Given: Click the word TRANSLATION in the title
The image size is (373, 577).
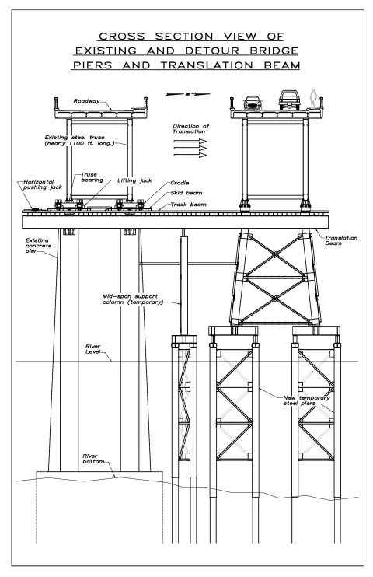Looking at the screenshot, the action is click(x=207, y=65).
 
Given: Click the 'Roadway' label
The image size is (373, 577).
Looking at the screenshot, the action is click(x=86, y=101).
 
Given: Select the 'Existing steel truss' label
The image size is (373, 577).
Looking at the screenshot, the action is click(x=79, y=140).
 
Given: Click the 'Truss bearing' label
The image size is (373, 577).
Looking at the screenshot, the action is click(x=92, y=177).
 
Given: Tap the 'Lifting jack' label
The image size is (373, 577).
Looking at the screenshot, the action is click(x=134, y=180).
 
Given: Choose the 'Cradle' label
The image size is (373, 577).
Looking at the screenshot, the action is click(x=180, y=183).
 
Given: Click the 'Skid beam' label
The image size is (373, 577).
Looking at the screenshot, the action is click(x=186, y=193).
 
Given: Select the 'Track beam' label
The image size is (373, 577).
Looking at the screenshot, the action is click(x=188, y=205).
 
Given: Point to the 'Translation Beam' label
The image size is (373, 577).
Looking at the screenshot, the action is click(x=341, y=240).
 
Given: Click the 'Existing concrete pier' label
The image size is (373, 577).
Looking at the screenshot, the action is click(x=38, y=246).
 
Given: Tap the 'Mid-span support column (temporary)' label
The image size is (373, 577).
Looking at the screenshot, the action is click(x=132, y=299).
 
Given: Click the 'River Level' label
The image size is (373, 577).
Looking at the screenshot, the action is click(x=92, y=349).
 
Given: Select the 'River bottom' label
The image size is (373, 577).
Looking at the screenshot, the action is click(x=93, y=459).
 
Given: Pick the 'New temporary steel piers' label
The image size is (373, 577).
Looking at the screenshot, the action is click(x=306, y=400).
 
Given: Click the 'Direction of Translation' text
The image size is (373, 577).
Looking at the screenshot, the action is click(x=191, y=129).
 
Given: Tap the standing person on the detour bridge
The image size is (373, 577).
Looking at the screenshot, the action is click(x=313, y=99).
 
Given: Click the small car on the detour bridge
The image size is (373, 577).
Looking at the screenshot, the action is click(x=253, y=103).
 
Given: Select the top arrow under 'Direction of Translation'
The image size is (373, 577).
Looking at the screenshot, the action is click(x=190, y=142).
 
